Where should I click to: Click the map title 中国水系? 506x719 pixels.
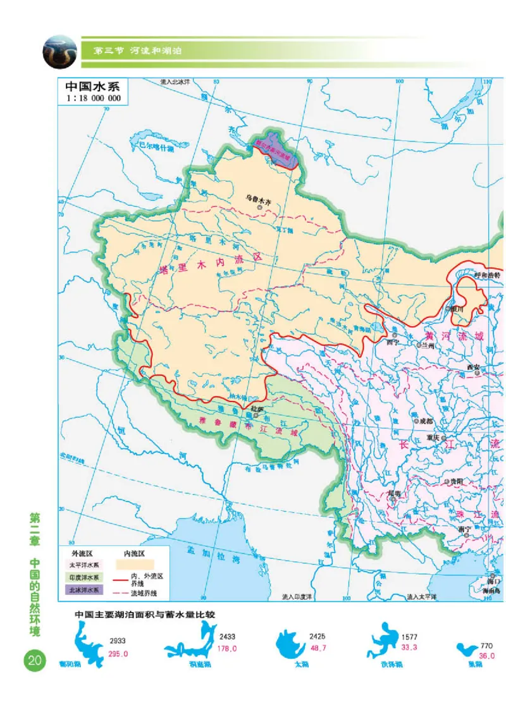[x=92, y=87]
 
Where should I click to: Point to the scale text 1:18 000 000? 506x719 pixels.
[x=92, y=99]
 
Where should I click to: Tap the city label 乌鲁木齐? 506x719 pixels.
[x=259, y=199]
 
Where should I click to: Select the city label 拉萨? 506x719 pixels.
[x=256, y=409]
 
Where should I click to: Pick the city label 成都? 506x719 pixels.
[x=424, y=421]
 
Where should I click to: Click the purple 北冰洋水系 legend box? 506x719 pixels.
[x=84, y=590]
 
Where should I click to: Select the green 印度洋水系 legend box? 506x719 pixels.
[x=84, y=577]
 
